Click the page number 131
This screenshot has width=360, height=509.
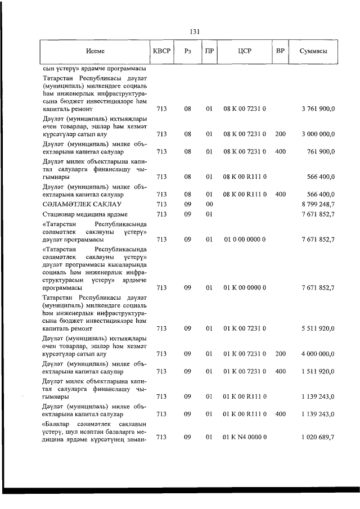196,31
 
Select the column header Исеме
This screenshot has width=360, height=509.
95,51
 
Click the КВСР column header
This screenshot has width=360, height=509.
161,51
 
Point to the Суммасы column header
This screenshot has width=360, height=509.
314,51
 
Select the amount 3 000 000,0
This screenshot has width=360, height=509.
318,134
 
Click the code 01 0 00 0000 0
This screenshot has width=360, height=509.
245,240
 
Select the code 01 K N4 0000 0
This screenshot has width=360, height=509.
245,436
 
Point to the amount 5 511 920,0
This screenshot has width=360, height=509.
318,328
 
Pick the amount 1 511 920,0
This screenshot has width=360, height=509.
318,371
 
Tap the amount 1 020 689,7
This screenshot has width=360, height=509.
318,436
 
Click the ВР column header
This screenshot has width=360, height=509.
280,51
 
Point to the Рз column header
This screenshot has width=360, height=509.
188,51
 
